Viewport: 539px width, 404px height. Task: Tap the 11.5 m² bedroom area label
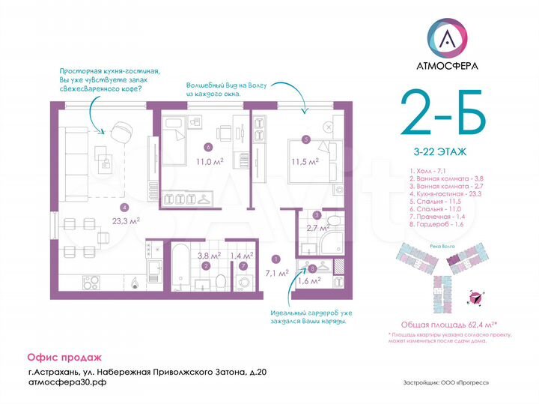305,161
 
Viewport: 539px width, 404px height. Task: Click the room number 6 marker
206,147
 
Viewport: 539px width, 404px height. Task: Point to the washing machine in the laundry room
244,283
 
